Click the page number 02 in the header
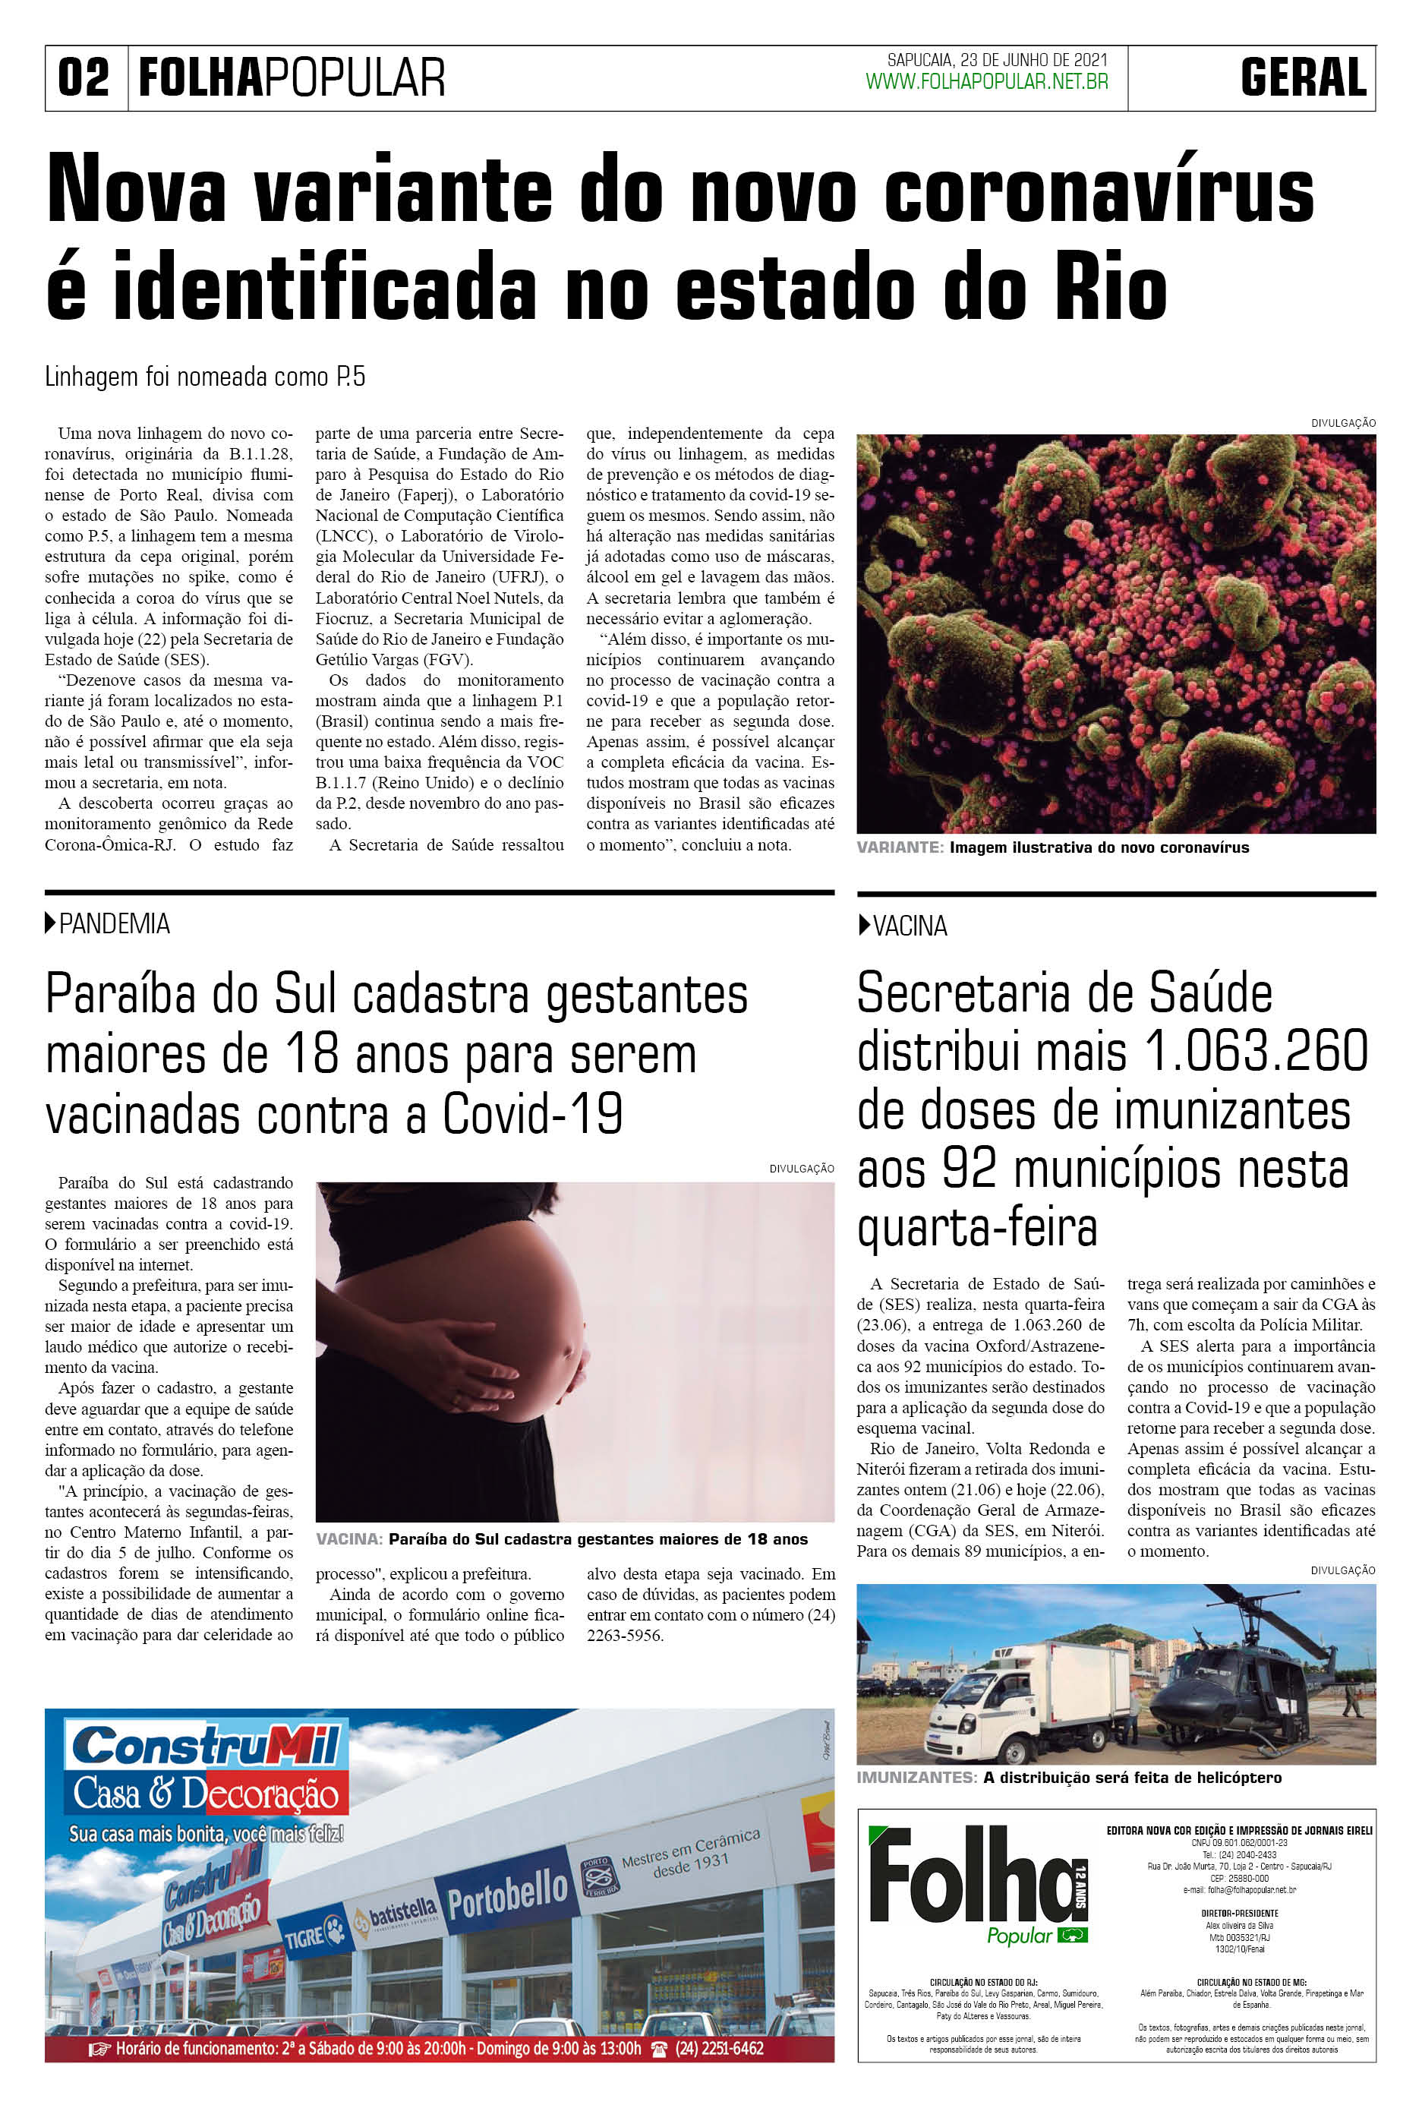click(84, 78)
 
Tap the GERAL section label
click(1304, 78)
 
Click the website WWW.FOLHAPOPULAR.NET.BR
click(987, 83)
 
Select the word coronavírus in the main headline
click(1099, 191)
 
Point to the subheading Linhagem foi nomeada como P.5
click(205, 377)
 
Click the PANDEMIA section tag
click(113, 924)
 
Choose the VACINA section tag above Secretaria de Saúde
click(909, 926)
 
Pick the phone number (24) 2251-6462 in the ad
click(719, 2048)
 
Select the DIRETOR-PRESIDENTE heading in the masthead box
click(1239, 1912)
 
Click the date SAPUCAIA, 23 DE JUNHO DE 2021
click(997, 60)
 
